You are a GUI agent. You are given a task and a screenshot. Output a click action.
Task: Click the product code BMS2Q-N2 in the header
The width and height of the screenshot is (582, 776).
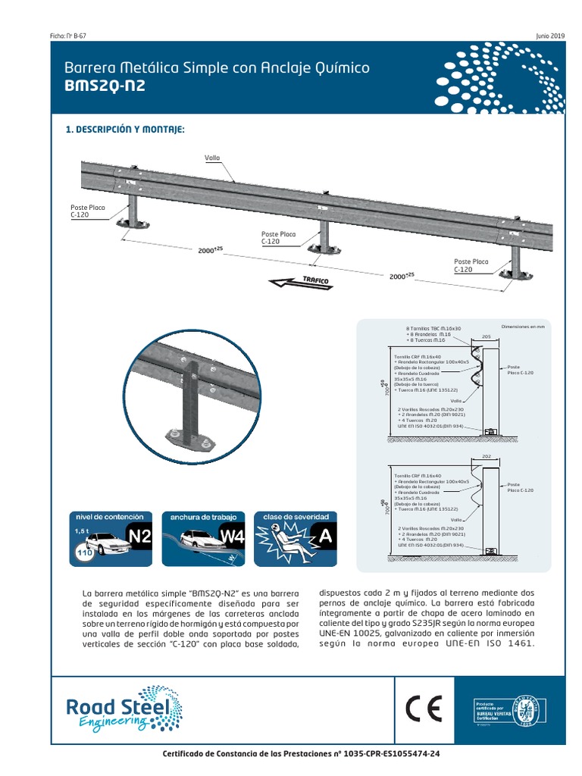click(105, 86)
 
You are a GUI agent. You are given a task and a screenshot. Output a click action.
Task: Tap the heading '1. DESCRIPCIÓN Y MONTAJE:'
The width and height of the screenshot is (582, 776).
click(125, 130)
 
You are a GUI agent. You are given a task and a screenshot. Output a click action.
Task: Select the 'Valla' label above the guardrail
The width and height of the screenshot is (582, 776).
click(212, 158)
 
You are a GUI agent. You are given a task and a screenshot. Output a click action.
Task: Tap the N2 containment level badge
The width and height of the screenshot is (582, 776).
click(140, 538)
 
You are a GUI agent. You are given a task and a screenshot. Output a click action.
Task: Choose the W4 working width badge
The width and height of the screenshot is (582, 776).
click(232, 538)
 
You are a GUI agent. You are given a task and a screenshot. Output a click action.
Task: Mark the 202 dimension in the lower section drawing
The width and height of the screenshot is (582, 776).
click(486, 457)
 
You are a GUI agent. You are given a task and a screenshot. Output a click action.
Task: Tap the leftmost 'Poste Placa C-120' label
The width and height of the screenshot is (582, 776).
click(87, 211)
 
